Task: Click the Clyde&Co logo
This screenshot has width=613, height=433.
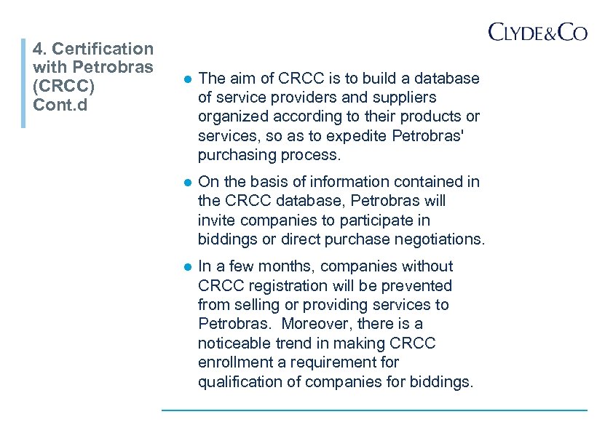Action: click(537, 32)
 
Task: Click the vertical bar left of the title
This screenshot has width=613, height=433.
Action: click(23, 83)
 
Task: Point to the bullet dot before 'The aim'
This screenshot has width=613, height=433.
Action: click(186, 79)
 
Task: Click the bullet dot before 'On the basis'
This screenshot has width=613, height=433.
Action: click(186, 182)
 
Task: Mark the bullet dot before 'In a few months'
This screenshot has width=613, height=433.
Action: click(186, 267)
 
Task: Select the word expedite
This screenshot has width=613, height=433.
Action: click(356, 135)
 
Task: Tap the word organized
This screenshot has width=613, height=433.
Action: click(231, 116)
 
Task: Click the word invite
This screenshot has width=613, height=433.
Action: click(215, 220)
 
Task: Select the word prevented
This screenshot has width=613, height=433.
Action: click(418, 286)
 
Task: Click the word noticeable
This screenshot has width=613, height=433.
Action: click(234, 343)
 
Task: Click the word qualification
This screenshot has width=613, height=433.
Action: click(239, 381)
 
